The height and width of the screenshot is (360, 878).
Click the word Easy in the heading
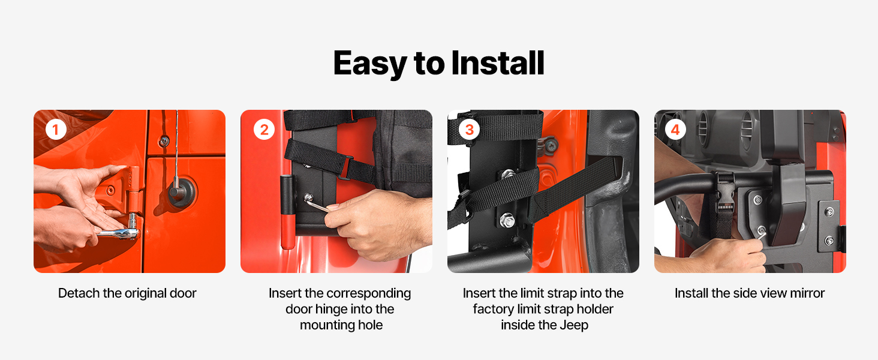point(370,64)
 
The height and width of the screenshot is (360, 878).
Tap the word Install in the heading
point(498,63)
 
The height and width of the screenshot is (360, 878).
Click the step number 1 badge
point(56,130)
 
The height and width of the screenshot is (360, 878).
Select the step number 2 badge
point(264,130)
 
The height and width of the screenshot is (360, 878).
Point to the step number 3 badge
point(469,130)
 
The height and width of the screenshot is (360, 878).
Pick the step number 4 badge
point(675,130)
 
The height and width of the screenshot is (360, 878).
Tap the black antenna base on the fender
point(182,192)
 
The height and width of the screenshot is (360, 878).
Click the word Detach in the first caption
point(79,293)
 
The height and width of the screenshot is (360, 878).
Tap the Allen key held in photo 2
point(317,203)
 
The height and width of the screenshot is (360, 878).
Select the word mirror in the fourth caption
point(807,293)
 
